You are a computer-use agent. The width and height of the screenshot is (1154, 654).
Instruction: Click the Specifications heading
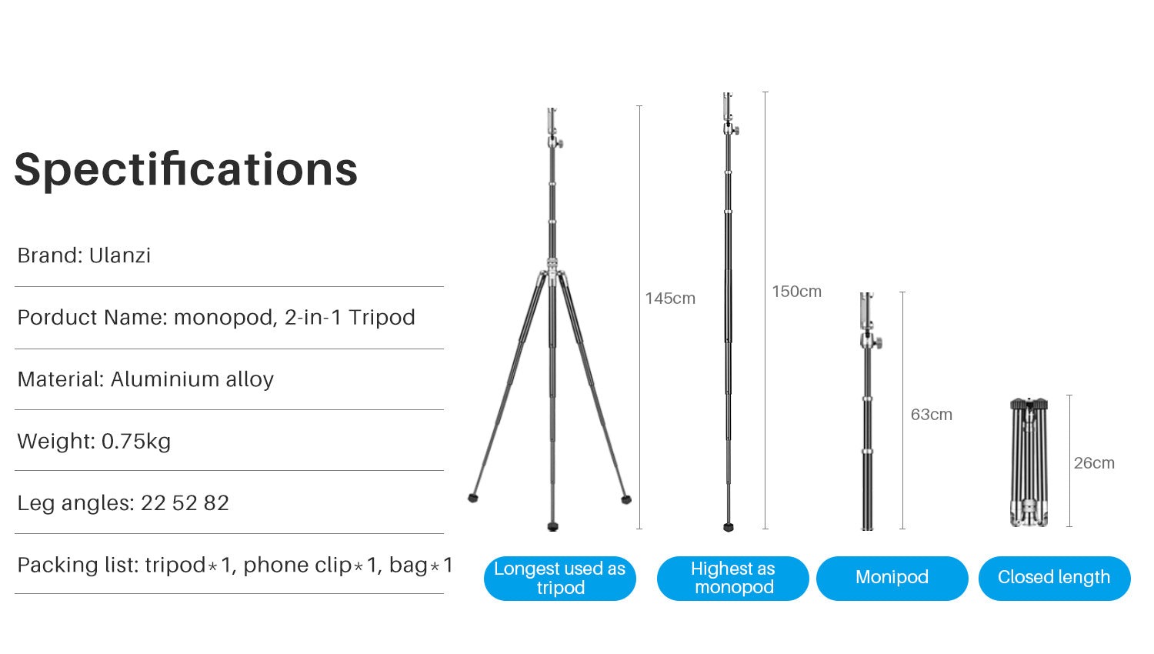[186, 171]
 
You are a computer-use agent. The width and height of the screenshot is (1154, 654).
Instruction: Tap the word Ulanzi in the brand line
[120, 255]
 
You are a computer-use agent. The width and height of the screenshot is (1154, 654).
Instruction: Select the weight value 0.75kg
[136, 442]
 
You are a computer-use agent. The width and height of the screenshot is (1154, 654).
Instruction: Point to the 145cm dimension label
[670, 299]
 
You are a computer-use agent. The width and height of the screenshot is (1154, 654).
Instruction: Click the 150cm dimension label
[796, 292]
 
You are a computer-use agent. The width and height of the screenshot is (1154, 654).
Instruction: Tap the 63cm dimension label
[932, 415]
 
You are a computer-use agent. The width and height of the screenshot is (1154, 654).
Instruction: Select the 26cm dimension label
[1094, 462]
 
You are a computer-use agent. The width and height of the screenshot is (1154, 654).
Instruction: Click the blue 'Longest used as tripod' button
[560, 579]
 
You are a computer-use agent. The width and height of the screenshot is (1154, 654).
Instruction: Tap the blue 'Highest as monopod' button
[733, 579]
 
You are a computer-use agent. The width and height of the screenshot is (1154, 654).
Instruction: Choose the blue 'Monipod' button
[892, 579]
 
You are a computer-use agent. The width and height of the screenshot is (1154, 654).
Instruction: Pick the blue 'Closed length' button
[1055, 579]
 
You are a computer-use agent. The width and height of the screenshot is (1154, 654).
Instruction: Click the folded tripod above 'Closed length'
[1029, 462]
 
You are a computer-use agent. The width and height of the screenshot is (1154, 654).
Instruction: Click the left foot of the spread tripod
[473, 498]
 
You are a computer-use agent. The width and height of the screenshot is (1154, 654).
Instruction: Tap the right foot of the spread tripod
[626, 499]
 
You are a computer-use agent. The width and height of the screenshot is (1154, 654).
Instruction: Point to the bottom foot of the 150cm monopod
[729, 527]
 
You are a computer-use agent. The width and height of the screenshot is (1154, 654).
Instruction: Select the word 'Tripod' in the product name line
[382, 318]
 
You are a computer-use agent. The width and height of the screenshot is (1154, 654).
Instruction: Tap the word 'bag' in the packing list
[409, 566]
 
